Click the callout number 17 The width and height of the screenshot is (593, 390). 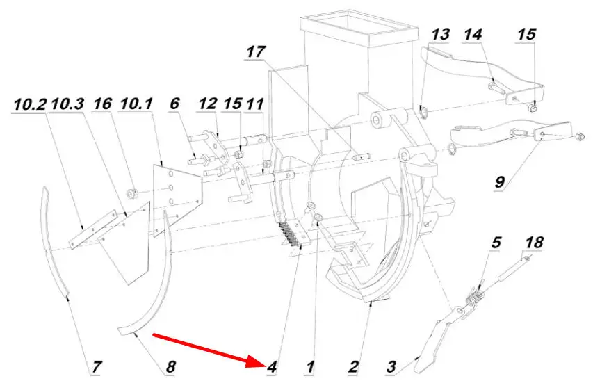[x=256, y=51]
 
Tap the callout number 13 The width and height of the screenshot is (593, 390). [x=440, y=34]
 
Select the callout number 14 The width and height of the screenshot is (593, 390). [x=473, y=34]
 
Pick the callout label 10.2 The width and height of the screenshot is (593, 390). [x=31, y=104]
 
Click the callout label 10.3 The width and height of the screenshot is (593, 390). [x=67, y=104]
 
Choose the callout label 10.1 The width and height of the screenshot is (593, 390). [x=136, y=104]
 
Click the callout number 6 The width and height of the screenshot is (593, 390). [x=174, y=104]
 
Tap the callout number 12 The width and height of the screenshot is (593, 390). [x=208, y=104]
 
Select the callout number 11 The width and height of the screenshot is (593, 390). [x=255, y=104]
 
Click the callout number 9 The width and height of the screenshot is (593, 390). [x=500, y=182]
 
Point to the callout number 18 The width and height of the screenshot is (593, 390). [x=534, y=243]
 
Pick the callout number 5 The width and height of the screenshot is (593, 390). [x=496, y=243]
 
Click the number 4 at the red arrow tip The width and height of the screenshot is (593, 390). [x=272, y=367]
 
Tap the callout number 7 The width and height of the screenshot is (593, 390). [x=97, y=366]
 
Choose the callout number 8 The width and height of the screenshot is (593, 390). [x=170, y=366]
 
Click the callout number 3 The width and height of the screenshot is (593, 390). [x=391, y=366]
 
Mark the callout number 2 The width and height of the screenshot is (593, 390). [x=353, y=366]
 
